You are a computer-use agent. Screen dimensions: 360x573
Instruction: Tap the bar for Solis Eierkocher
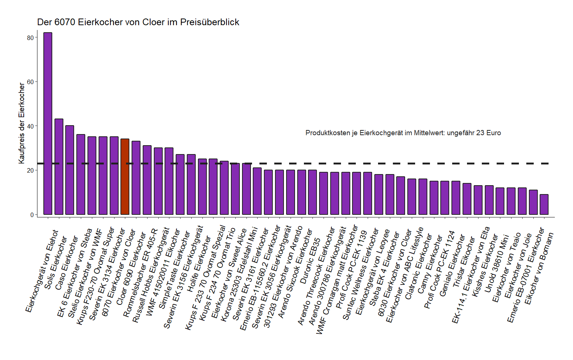pos(59,167)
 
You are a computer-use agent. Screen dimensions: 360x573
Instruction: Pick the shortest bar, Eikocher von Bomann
pos(544,204)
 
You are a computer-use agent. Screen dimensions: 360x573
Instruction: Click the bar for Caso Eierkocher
pos(70,170)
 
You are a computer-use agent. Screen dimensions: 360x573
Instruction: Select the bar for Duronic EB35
pos(312,192)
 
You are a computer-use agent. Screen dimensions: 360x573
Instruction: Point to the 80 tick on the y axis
pos(30,37)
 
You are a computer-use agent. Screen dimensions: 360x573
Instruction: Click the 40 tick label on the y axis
pos(30,126)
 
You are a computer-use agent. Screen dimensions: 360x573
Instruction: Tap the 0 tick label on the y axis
pos(32,215)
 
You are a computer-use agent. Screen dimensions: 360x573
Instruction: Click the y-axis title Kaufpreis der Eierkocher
pos(22,123)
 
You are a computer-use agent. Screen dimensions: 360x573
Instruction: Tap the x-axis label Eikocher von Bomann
pos(539,269)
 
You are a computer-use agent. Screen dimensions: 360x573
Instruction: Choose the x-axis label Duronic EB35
pos(311,261)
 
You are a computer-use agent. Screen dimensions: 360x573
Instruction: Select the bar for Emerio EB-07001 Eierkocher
pos(533,202)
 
